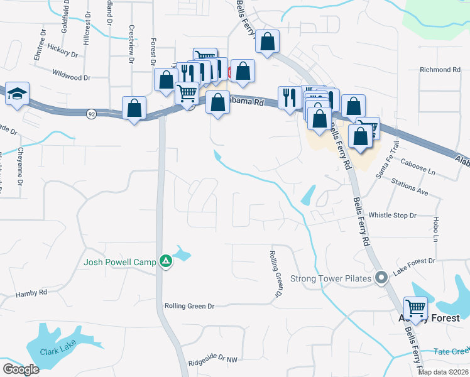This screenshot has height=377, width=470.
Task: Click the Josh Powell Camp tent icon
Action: tap(166, 261)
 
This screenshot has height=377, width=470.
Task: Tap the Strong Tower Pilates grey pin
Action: tap(381, 278)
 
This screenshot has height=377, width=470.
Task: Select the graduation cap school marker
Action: tap(18, 94)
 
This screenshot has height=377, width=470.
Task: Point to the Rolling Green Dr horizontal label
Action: tap(189, 306)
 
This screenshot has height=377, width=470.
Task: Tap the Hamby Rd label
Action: tap(31, 293)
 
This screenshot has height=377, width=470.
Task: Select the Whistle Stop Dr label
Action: tap(393, 216)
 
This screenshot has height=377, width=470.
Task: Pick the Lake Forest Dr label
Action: tap(414, 266)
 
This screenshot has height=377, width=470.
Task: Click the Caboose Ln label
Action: tap(418, 170)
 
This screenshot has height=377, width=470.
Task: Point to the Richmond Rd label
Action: tap(440, 70)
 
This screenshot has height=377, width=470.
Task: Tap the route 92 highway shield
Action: tap(92, 114)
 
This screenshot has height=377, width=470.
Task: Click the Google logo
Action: tap(20, 369)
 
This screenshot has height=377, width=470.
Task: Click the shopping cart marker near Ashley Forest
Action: tap(416, 309)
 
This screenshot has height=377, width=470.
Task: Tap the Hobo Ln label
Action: tap(435, 230)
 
